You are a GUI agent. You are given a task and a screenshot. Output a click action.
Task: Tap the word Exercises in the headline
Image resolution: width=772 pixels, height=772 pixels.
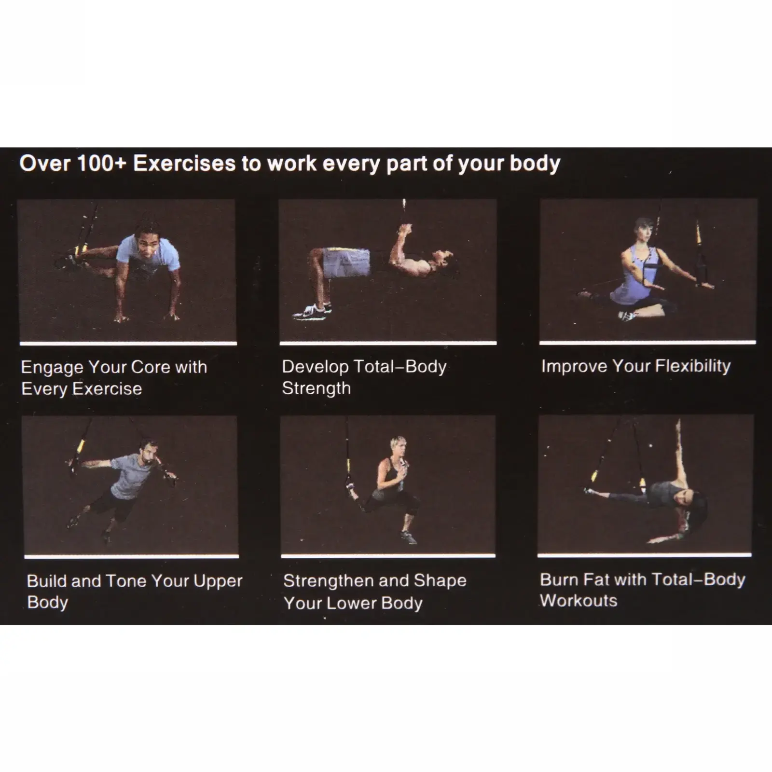tap(184, 163)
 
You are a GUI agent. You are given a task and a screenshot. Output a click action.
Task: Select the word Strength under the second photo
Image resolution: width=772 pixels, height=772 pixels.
tap(317, 388)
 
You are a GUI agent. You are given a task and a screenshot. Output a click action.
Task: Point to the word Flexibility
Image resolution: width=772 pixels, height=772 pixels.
tap(693, 366)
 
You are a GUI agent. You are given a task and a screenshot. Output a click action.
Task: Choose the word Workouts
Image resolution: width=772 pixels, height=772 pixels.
tap(579, 601)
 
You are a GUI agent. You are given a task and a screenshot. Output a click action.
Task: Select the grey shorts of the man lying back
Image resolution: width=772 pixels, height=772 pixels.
tap(346, 263)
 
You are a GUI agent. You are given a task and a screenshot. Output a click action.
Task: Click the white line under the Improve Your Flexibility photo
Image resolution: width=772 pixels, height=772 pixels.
tap(648, 343)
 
